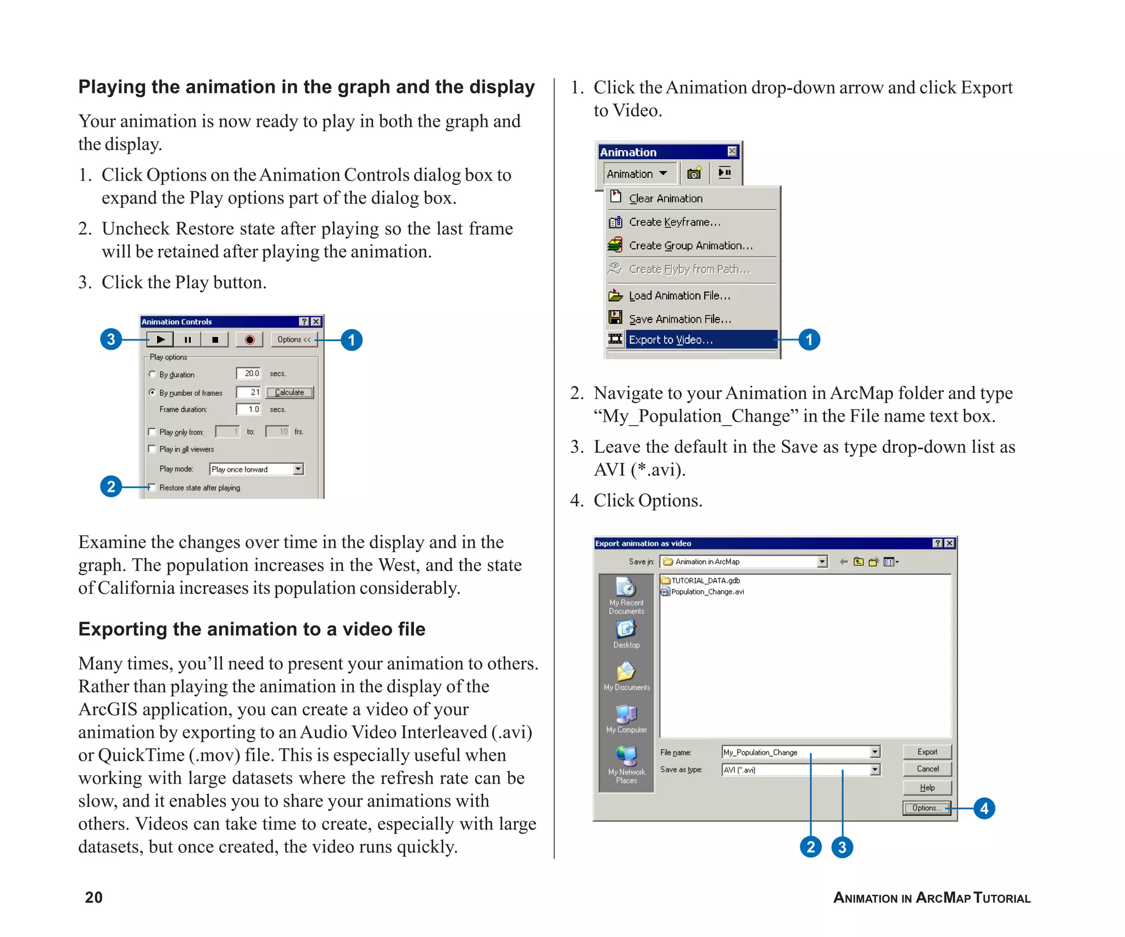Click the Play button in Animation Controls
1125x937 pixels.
click(x=160, y=340)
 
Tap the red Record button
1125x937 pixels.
click(x=249, y=340)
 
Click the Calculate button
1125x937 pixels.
click(x=289, y=392)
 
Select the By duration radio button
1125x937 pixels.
click(x=152, y=374)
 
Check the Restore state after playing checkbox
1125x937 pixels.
click(x=152, y=487)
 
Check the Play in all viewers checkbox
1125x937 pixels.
click(x=152, y=449)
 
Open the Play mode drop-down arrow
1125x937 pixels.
click(x=298, y=469)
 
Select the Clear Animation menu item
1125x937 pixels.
click(x=665, y=199)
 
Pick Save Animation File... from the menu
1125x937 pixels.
click(x=680, y=319)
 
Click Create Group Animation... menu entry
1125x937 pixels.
click(x=690, y=245)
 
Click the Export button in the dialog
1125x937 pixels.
click(x=927, y=752)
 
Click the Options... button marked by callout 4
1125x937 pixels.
click(x=927, y=808)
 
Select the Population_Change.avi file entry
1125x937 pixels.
click(x=707, y=592)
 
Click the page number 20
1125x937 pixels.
click(x=93, y=897)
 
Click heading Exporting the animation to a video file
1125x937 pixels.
click(x=252, y=629)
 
